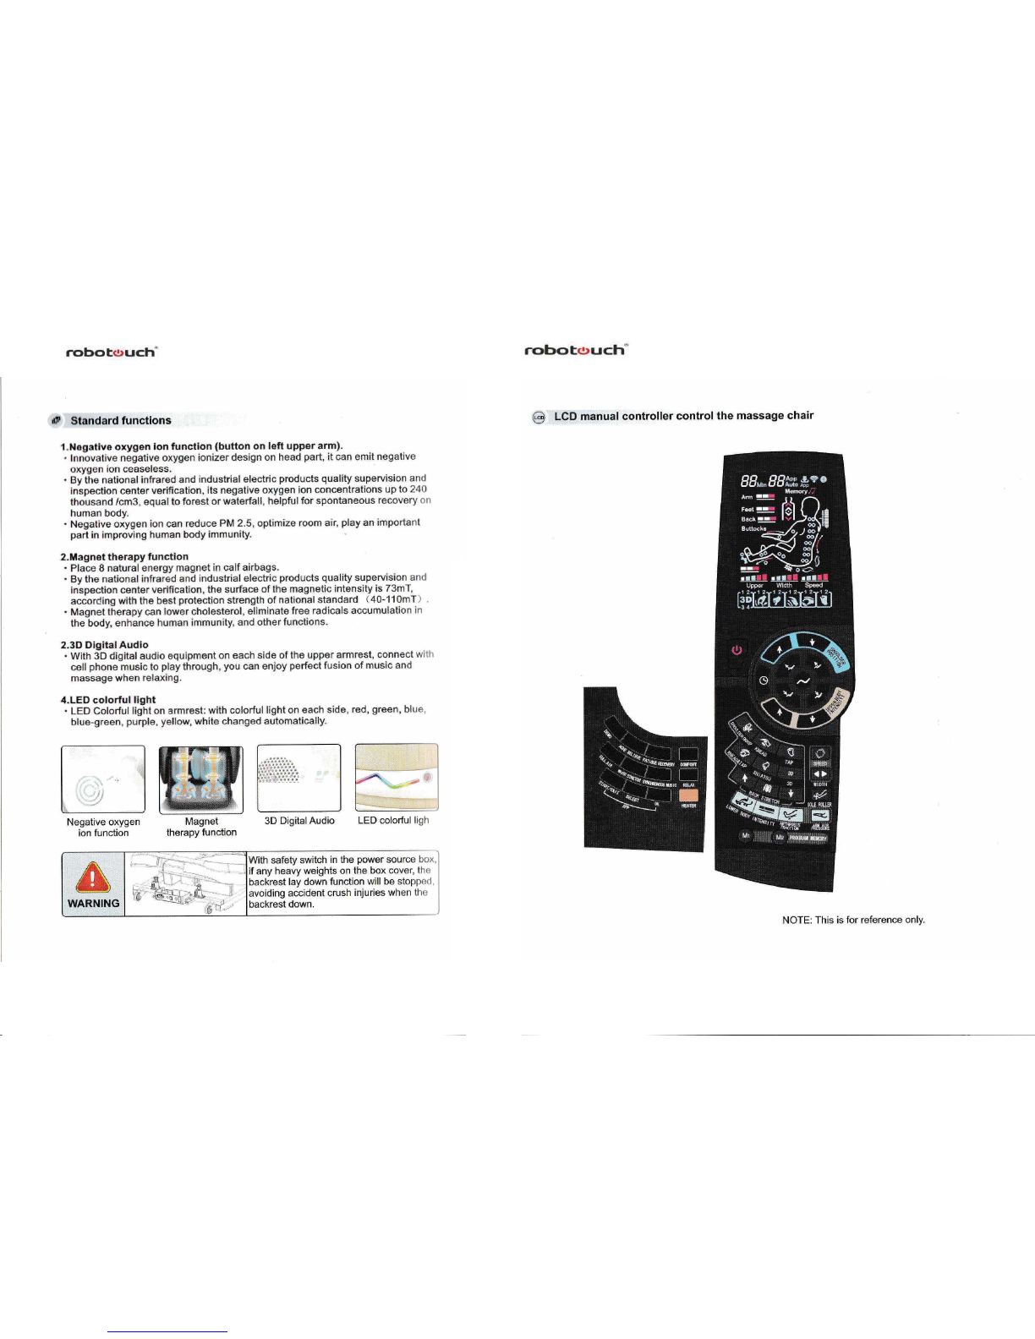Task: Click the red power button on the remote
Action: (737, 650)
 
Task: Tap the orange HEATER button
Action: (688, 795)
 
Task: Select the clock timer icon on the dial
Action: (764, 680)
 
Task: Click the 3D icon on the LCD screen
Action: (746, 598)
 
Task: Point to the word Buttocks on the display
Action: (753, 529)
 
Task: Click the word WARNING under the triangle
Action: (93, 903)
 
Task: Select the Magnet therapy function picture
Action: (201, 779)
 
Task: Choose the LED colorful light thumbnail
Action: (397, 777)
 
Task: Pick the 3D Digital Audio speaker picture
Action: (298, 778)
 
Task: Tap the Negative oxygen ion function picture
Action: (103, 779)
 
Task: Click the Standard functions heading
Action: (121, 420)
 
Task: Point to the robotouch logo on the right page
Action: (574, 350)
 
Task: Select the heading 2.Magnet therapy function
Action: (124, 556)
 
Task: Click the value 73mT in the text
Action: (397, 588)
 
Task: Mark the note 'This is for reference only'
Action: (853, 920)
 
